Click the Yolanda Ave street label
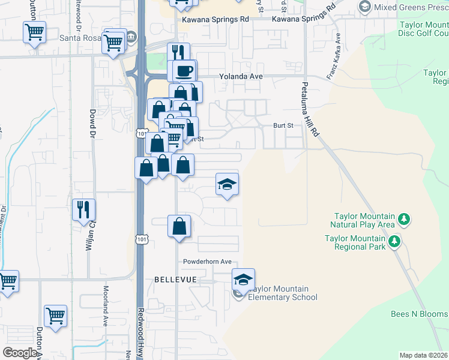click(x=241, y=77)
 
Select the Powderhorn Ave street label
click(x=208, y=262)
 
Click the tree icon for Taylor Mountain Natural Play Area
click(x=405, y=220)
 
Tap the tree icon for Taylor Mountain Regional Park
click(x=394, y=242)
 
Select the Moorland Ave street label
click(x=104, y=313)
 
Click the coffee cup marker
click(x=184, y=71)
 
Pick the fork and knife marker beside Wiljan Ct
click(x=83, y=209)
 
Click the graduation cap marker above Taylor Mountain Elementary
click(x=243, y=280)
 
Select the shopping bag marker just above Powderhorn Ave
click(x=179, y=226)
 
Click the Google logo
click(x=20, y=353)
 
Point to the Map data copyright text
click(x=424, y=355)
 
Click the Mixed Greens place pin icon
click(x=364, y=7)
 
